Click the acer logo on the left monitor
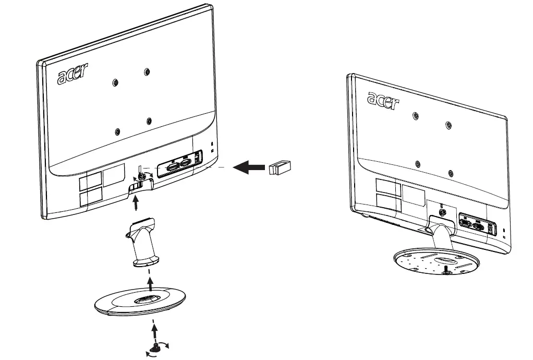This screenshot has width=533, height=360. pyautogui.click(x=73, y=74)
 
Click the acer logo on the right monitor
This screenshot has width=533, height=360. pyautogui.click(x=383, y=100)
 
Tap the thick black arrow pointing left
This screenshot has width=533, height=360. pyautogui.click(x=249, y=167)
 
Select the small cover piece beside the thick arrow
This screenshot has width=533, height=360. pyautogui.click(x=280, y=167)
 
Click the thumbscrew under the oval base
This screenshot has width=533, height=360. pyautogui.click(x=155, y=346)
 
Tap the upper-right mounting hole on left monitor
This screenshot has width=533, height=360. pyautogui.click(x=147, y=71)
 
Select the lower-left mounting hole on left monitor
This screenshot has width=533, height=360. pyautogui.click(x=117, y=131)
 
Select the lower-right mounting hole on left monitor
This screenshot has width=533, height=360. pyautogui.click(x=149, y=121)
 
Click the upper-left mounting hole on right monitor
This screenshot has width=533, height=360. pyautogui.click(x=415, y=115)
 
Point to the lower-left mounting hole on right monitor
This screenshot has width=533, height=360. pyautogui.click(x=417, y=163)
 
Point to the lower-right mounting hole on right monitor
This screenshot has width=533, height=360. pyautogui.click(x=451, y=172)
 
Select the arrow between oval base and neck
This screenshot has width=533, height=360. pyautogui.click(x=151, y=284)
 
